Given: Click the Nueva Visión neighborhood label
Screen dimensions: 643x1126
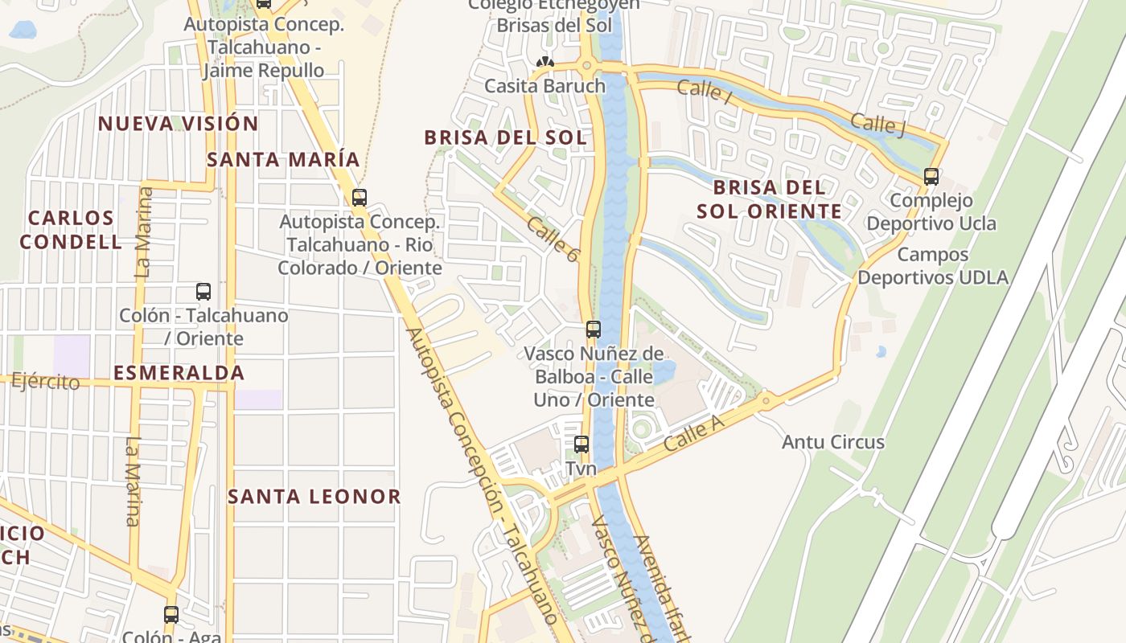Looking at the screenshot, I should click(x=178, y=124).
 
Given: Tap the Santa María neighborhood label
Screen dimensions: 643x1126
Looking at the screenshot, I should click(x=283, y=159).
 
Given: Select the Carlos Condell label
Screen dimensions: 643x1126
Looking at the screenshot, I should click(x=71, y=230).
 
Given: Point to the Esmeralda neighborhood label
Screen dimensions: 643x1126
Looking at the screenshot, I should click(x=179, y=373).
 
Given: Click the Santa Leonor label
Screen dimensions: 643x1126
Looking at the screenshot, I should click(x=314, y=497).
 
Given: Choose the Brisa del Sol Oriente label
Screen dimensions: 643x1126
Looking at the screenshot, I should click(x=769, y=199).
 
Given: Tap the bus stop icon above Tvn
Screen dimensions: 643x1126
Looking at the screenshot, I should click(x=581, y=444).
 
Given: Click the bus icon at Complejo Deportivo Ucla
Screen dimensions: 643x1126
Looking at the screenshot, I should click(x=931, y=177).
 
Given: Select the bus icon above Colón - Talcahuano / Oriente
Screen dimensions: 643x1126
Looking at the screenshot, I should click(x=203, y=292).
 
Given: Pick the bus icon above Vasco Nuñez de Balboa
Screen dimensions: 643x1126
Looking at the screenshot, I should click(x=594, y=330).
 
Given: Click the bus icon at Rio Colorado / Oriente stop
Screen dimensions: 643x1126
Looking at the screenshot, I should click(x=360, y=197).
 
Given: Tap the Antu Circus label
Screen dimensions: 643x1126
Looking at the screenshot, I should click(x=833, y=442).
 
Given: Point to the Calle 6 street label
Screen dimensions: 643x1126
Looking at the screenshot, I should click(x=553, y=239).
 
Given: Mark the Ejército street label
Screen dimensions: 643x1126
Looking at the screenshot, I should click(x=46, y=381).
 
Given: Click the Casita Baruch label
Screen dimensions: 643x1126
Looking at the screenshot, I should click(x=545, y=86).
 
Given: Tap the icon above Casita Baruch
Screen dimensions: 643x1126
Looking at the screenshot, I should click(x=545, y=62).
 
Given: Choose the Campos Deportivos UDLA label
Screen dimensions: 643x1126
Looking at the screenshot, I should click(x=932, y=266).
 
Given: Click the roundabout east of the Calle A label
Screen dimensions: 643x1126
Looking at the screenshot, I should click(x=766, y=399).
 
